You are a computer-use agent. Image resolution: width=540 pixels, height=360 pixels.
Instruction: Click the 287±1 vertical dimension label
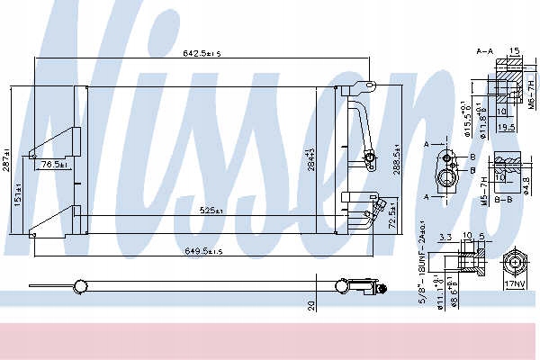pos(7,160)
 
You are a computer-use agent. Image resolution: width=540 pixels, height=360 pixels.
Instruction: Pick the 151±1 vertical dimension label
pos(18,194)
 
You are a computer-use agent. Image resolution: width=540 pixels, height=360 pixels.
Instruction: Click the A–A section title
pos(484,53)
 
